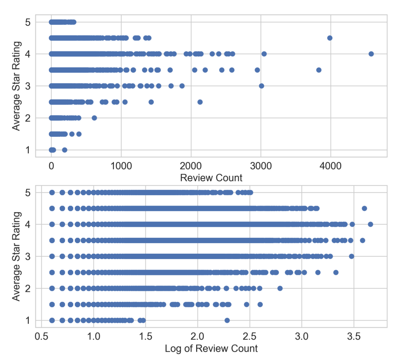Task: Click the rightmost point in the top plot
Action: [371, 54]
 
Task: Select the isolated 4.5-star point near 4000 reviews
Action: [330, 38]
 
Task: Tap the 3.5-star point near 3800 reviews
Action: [319, 70]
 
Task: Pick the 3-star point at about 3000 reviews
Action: [261, 86]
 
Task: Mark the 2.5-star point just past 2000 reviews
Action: [200, 102]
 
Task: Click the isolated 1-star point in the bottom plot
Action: [227, 320]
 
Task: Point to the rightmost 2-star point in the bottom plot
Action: [280, 288]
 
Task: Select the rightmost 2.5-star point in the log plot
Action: [336, 272]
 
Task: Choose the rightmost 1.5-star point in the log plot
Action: [260, 304]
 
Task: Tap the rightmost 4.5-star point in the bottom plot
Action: [365, 208]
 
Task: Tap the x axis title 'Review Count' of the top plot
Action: [211, 178]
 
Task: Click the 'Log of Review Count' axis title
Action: [211, 348]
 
